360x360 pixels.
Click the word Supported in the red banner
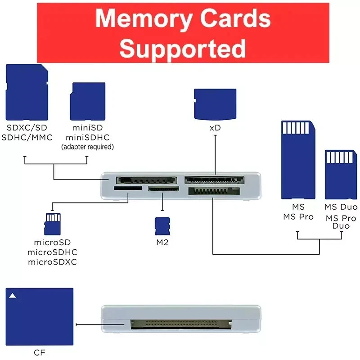click(x=183, y=47)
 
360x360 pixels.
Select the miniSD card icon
click(x=87, y=101)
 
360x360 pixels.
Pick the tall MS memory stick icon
click(x=298, y=159)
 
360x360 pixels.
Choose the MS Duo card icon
click(x=340, y=175)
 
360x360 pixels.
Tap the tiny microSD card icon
click(x=53, y=224)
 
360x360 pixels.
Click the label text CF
click(x=39, y=352)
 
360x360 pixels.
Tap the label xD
click(x=215, y=128)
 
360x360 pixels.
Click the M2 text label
click(x=162, y=243)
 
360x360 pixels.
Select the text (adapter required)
click(x=87, y=147)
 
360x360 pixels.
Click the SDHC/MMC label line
click(x=27, y=137)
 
